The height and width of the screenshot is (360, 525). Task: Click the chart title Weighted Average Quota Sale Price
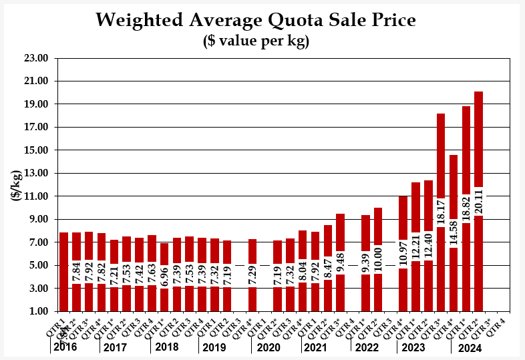point(256,19)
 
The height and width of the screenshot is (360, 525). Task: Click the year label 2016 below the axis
point(64,347)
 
